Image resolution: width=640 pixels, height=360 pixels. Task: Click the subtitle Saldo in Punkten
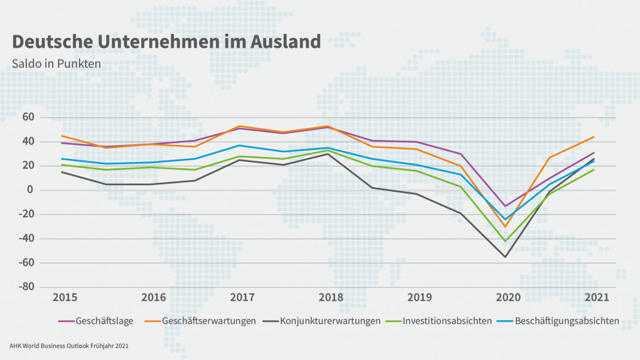(56, 63)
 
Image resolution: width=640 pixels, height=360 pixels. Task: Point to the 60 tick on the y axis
(29, 117)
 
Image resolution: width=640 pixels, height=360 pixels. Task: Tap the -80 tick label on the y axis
(27, 287)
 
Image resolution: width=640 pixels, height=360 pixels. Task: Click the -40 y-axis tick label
(27, 239)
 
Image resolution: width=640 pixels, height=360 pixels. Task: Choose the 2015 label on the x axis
(65, 297)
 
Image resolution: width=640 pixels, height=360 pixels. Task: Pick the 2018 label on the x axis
(331, 297)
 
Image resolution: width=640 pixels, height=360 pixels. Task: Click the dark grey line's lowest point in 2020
(505, 256)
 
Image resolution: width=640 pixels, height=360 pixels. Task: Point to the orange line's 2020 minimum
(505, 227)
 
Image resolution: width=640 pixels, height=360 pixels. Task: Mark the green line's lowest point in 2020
(505, 241)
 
